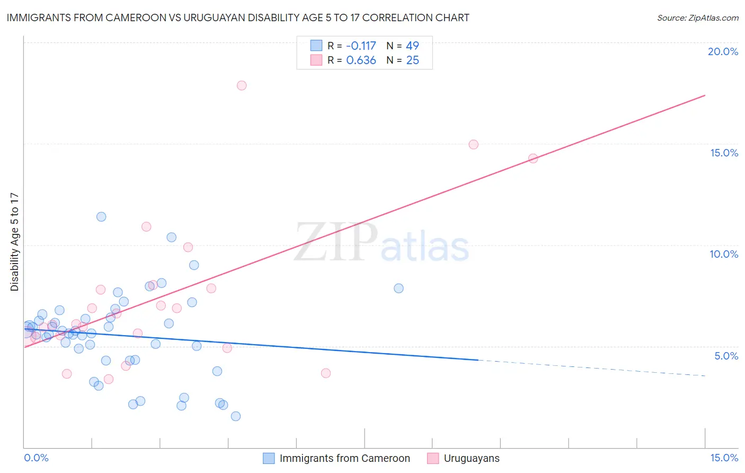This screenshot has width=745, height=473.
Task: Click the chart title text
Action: (x=238, y=17)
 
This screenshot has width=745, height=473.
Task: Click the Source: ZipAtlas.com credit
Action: (x=697, y=17)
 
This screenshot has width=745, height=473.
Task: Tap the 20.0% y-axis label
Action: (x=723, y=51)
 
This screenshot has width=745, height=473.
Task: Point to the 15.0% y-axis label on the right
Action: (x=724, y=153)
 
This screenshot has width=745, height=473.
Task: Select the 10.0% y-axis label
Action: (x=724, y=254)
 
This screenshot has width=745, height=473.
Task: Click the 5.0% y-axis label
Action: (x=726, y=356)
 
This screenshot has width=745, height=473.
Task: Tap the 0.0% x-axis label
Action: (x=36, y=458)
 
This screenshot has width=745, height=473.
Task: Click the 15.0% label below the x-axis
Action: (x=724, y=458)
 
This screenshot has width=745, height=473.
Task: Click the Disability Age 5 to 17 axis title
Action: (x=14, y=242)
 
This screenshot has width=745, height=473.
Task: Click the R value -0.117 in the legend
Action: (x=361, y=46)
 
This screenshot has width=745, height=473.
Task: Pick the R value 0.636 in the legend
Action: (x=361, y=60)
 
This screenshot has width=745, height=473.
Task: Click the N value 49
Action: (x=412, y=46)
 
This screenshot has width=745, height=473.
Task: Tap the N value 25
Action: (x=412, y=60)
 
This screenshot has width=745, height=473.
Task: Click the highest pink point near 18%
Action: (x=242, y=85)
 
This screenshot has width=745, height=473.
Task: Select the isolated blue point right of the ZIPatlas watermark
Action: (x=398, y=288)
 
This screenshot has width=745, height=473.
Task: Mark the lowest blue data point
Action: (x=236, y=416)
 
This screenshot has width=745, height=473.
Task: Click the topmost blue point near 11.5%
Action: (x=101, y=217)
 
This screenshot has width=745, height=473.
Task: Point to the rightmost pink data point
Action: (x=533, y=159)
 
